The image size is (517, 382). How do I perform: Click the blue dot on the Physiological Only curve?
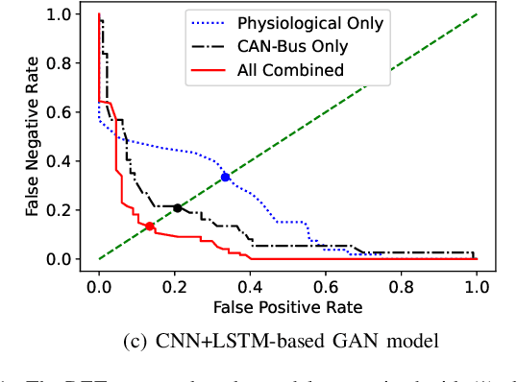(x=225, y=177)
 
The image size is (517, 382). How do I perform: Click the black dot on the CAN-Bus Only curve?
(x=178, y=207)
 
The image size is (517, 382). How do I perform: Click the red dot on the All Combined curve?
(x=149, y=226)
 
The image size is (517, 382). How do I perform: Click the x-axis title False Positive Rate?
(x=287, y=306)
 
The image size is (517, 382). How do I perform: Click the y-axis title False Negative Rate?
(x=37, y=137)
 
